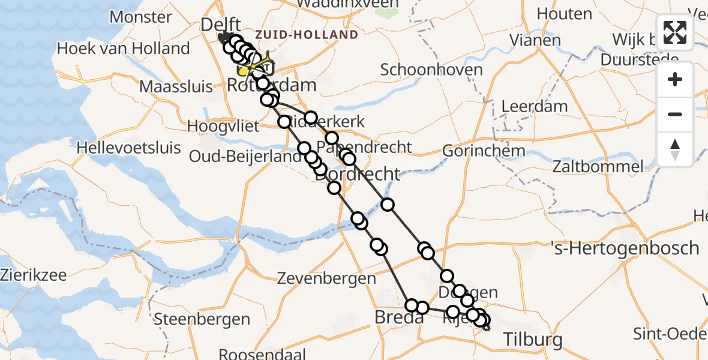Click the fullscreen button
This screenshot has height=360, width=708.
675,32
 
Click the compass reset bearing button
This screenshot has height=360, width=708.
675,149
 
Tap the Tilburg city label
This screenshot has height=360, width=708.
533,340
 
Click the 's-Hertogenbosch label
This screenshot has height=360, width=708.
625,248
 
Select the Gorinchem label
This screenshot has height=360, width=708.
484,151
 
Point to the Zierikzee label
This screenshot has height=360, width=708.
34,275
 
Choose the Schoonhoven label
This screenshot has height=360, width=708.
431,70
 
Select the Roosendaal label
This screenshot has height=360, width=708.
262,354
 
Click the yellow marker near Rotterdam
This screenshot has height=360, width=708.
243,71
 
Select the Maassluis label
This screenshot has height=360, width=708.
176,86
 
